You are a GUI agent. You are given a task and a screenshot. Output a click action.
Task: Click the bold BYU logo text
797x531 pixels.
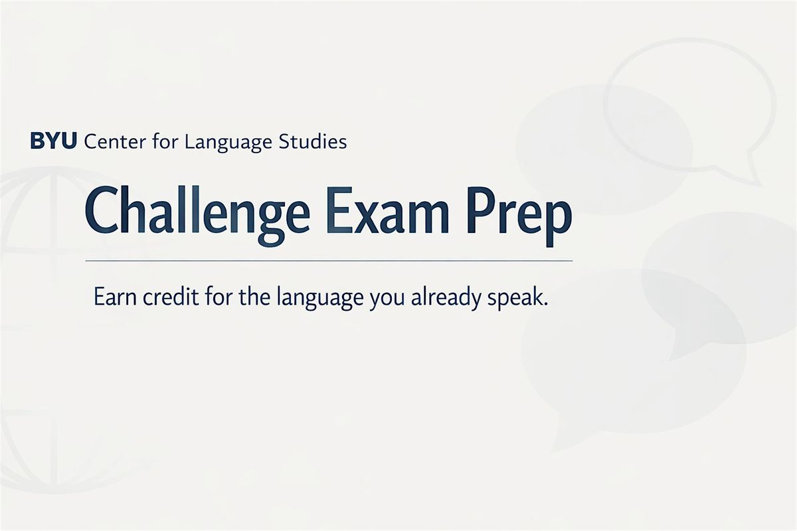tap(53, 141)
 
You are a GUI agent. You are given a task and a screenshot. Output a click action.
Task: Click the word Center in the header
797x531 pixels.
tap(115, 141)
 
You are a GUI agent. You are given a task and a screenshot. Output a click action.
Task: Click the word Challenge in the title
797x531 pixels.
tap(197, 216)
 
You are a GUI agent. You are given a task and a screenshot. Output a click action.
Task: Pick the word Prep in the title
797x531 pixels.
tap(520, 218)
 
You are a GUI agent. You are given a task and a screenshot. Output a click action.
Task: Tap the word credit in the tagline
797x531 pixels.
tap(171, 296)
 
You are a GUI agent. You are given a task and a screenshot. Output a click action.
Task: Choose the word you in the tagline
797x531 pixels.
tap(387, 301)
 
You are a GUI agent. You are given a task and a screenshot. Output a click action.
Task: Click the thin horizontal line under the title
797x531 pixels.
tap(329, 261)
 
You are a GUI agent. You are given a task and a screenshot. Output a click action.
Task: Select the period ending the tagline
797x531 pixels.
tap(545, 303)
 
